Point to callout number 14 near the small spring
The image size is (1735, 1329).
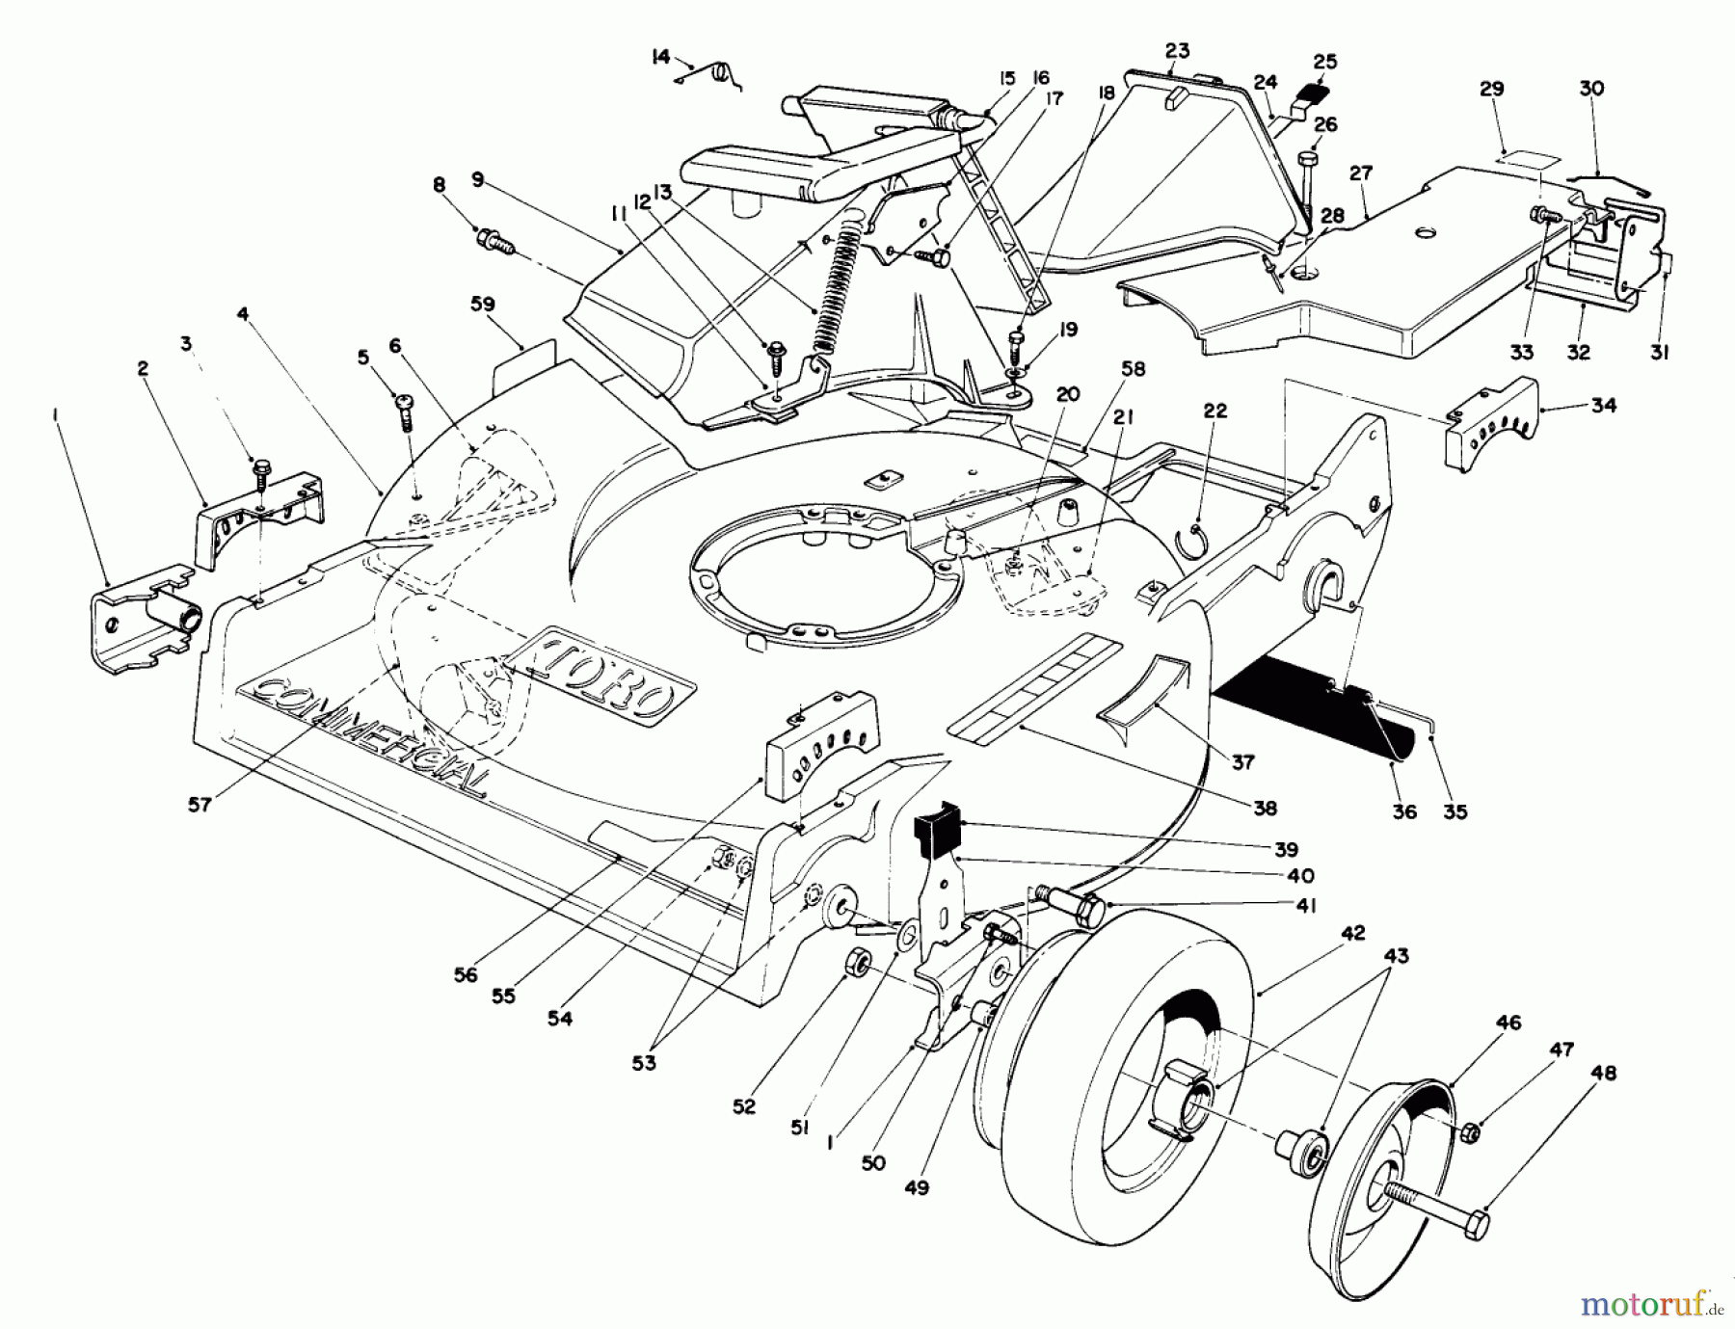660,58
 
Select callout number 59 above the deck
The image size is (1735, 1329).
482,305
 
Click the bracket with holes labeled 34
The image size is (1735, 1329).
1489,424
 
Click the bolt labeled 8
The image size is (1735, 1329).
494,238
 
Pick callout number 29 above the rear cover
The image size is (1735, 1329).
1491,90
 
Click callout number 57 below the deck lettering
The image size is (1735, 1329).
200,805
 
